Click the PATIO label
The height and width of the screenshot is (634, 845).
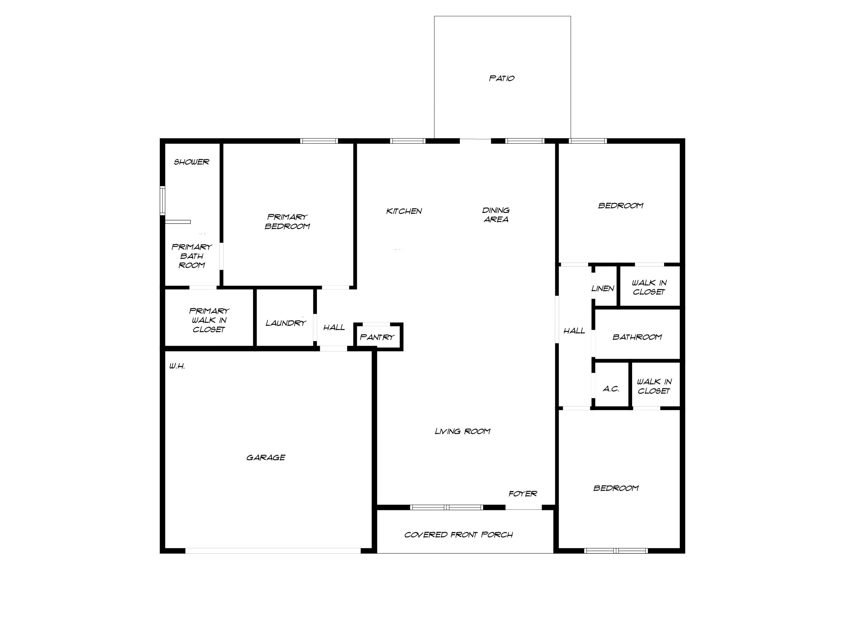click(502, 78)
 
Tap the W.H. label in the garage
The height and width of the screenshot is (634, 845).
click(177, 366)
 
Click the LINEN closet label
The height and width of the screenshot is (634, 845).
click(603, 289)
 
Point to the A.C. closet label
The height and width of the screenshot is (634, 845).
click(611, 389)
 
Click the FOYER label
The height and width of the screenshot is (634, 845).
click(522, 494)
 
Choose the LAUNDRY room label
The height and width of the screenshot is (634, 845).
click(286, 323)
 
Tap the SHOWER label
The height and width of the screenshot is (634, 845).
click(191, 162)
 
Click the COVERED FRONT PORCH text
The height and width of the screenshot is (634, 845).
click(458, 535)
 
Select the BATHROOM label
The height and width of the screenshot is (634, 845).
click(637, 337)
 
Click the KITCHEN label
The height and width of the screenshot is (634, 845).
click(404, 211)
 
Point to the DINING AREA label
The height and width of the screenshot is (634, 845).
click(496, 215)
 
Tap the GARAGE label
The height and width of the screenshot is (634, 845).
click(266, 457)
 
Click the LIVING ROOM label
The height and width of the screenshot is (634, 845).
click(462, 431)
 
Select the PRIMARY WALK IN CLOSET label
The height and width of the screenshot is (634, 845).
click(209, 320)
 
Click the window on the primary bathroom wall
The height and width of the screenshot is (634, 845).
click(162, 201)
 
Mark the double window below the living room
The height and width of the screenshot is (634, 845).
click(446, 507)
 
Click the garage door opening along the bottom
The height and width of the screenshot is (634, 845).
click(273, 551)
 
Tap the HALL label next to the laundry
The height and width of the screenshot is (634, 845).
click(334, 327)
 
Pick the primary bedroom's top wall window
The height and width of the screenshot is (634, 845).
click(319, 141)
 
